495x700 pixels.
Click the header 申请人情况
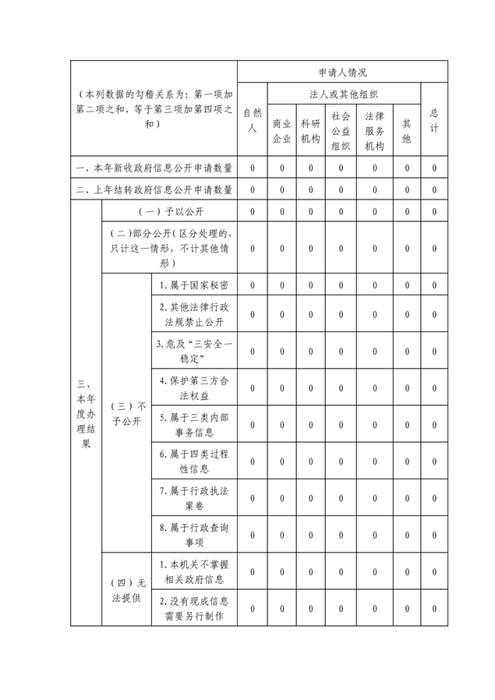(x=342, y=71)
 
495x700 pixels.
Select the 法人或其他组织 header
(x=344, y=94)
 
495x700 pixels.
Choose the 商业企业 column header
(x=281, y=131)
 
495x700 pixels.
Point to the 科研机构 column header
(x=310, y=131)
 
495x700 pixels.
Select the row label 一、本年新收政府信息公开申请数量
(x=154, y=168)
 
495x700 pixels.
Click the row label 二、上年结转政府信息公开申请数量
(x=154, y=189)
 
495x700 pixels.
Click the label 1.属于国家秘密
(x=193, y=286)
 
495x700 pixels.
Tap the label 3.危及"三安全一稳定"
(x=193, y=350)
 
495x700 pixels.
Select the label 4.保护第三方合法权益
(x=193, y=387)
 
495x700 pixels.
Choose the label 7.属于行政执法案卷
(x=193, y=497)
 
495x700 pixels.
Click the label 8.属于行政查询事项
(x=193, y=535)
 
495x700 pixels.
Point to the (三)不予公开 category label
(x=126, y=414)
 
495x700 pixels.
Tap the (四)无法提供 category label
(x=126, y=589)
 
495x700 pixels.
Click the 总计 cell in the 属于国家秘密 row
(x=434, y=286)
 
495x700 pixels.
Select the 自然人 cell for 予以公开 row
(x=252, y=211)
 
